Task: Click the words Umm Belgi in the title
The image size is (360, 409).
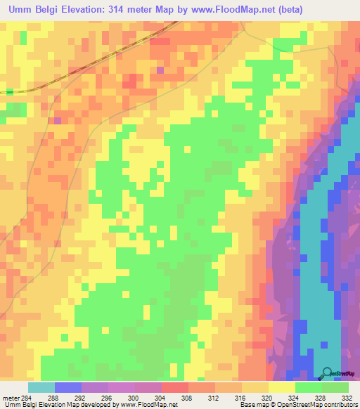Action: click(35, 9)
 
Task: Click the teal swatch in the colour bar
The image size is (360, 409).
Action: click(41, 387)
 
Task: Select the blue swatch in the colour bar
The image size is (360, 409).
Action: click(68, 387)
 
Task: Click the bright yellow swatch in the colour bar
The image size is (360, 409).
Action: click(281, 387)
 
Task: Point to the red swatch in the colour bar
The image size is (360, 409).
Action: click(175, 387)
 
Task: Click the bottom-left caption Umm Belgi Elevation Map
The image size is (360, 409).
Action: click(42, 405)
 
